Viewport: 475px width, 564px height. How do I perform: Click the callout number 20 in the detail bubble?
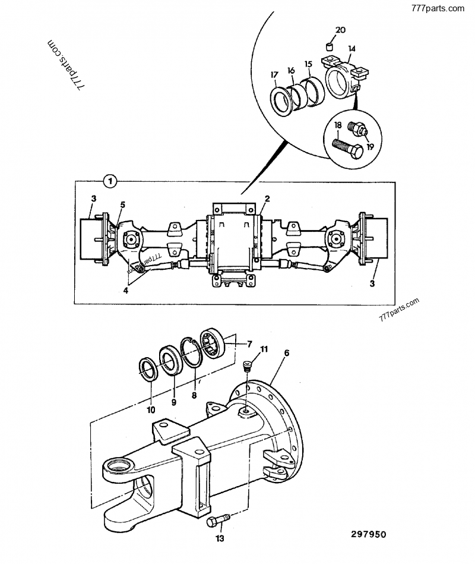(x=340, y=30)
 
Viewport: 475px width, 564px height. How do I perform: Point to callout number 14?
(x=351, y=48)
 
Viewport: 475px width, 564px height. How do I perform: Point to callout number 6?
(x=287, y=353)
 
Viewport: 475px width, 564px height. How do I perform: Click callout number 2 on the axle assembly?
(x=267, y=198)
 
